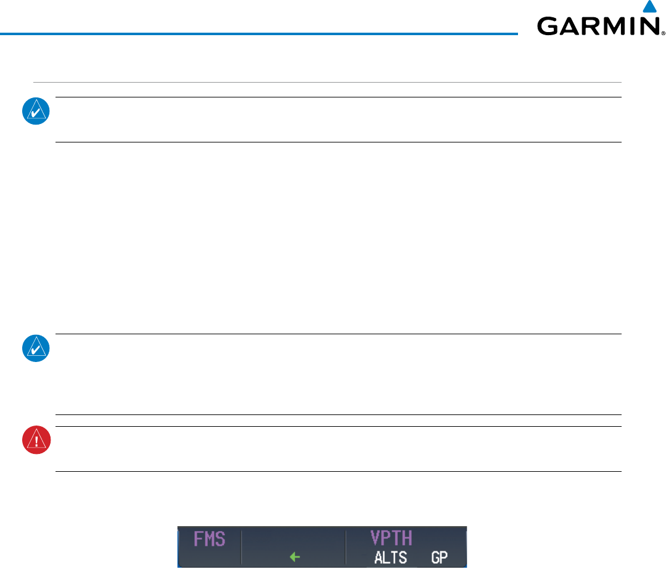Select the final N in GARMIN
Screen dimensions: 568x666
649,26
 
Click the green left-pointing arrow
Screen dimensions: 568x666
295,558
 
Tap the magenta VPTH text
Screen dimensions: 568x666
391,538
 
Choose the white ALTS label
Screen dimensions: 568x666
390,558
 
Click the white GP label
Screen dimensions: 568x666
439,558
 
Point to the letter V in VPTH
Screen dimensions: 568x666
376,538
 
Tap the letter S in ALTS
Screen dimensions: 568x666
403,558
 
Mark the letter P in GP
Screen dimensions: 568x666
443,558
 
